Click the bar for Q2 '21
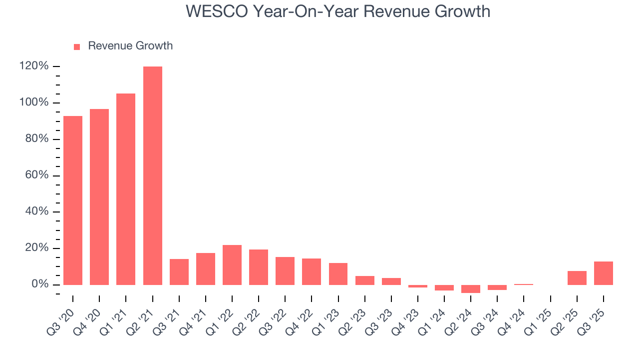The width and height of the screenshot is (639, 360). point(152,175)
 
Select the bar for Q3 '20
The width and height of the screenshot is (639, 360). point(73,200)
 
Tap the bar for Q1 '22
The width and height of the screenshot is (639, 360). point(232,265)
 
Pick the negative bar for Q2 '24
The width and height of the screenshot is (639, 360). point(471,289)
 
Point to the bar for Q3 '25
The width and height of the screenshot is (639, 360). point(603,273)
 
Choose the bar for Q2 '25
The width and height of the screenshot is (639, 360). point(577,278)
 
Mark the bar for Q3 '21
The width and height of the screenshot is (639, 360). point(179,272)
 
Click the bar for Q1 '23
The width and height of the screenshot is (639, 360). point(338,274)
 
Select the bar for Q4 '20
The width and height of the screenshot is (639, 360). point(99,197)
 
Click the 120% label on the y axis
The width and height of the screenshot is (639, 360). point(34,66)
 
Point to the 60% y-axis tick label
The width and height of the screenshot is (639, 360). point(37,175)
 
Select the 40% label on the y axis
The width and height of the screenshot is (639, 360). point(37,212)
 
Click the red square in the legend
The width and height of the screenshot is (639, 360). point(77,46)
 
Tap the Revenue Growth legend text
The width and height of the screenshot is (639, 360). point(130,46)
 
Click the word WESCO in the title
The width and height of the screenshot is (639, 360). point(217,11)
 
